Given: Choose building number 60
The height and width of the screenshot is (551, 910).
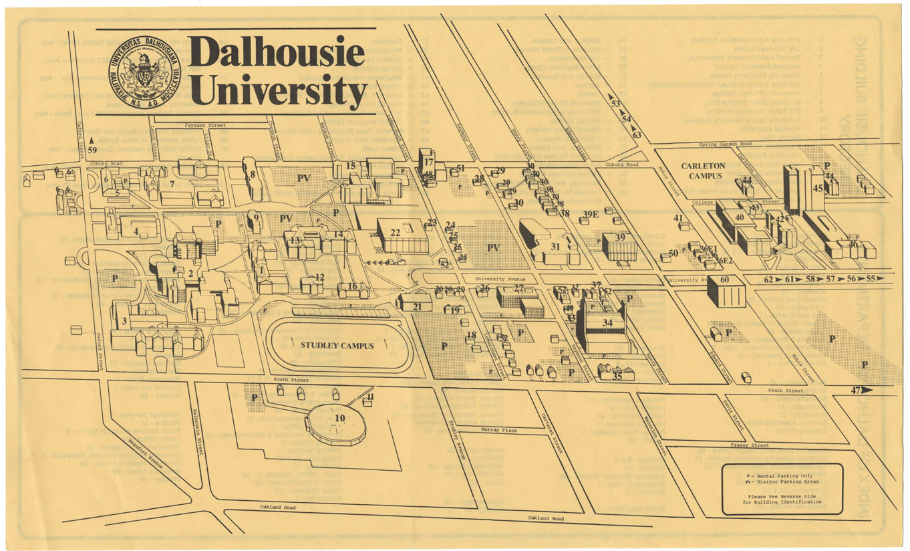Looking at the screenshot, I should point(725,290).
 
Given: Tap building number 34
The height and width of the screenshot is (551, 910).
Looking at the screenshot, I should point(605,324).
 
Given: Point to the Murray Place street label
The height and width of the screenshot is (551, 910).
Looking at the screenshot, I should point(500,431).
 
